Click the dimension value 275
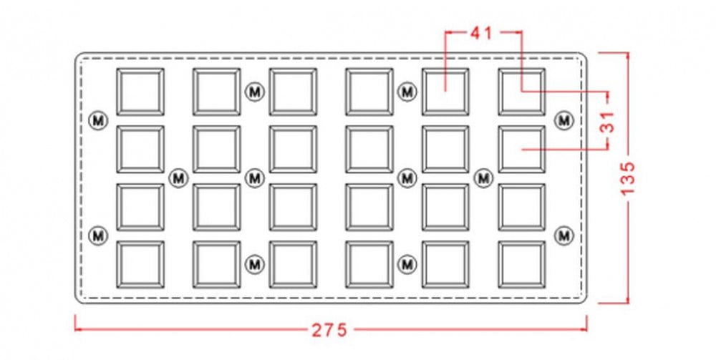pyautogui.click(x=329, y=330)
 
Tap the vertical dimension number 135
pyautogui.click(x=628, y=177)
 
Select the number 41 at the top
pyautogui.click(x=481, y=33)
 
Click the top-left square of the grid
pyautogui.click(x=140, y=92)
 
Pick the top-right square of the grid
pyautogui.click(x=521, y=92)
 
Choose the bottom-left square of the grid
pyautogui.click(x=140, y=264)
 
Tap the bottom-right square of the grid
pyautogui.click(x=521, y=264)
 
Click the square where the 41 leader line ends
pyautogui.click(x=445, y=92)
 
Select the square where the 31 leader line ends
pyautogui.click(x=521, y=149)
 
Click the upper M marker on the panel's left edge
pyautogui.click(x=98, y=120)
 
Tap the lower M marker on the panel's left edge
pyautogui.click(x=98, y=234)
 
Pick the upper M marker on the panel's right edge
pyautogui.click(x=565, y=120)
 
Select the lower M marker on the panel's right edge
pyautogui.click(x=565, y=234)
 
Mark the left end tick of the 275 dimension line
pyautogui.click(x=76, y=329)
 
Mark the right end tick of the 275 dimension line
pyautogui.click(x=586, y=329)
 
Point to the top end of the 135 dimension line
pyautogui.click(x=628, y=52)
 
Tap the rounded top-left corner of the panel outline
pyautogui.click(x=79, y=56)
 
